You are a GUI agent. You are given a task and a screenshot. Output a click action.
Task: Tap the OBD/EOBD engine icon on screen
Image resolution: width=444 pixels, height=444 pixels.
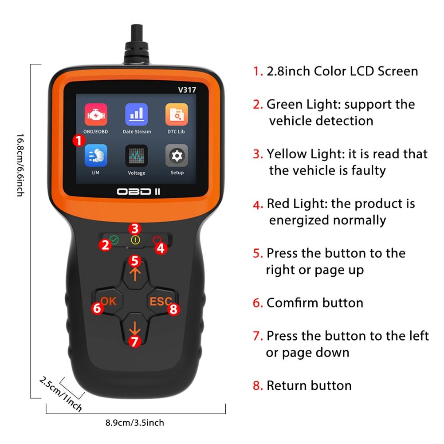pyautogui.click(x=96, y=114)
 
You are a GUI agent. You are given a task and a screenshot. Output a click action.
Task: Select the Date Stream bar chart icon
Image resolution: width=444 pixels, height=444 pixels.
pyautogui.click(x=137, y=114)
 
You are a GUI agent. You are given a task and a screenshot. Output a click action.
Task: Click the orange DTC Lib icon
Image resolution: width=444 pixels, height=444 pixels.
pyautogui.click(x=177, y=114)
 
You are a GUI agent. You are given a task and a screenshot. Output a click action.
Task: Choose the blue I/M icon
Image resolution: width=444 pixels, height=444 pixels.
pyautogui.click(x=96, y=155)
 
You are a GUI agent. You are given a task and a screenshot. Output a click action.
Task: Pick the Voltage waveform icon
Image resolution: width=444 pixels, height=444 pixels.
pyautogui.click(x=137, y=155)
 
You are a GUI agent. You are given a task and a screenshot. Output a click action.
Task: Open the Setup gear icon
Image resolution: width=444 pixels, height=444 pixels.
pyautogui.click(x=177, y=155)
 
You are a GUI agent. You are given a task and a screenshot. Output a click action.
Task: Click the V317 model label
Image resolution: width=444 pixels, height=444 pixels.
pyautogui.click(x=187, y=90)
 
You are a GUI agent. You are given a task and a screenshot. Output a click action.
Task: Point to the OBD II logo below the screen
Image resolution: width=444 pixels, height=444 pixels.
pyautogui.click(x=138, y=192)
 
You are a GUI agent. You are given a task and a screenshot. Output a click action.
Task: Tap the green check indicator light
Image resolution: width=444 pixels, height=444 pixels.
pyautogui.click(x=114, y=240)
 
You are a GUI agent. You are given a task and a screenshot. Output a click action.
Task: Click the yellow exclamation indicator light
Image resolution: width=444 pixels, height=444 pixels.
pyautogui.click(x=135, y=240)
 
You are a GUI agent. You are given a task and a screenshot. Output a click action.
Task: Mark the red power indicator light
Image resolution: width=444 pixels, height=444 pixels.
pyautogui.click(x=157, y=240)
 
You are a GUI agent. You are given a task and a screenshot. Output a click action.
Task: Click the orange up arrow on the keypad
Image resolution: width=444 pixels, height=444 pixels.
pyautogui.click(x=135, y=274)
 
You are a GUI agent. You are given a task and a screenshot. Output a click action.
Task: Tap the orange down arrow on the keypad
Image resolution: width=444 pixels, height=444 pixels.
pyautogui.click(x=135, y=329)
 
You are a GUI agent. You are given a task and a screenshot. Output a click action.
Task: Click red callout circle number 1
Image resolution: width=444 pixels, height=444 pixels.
pyautogui.click(x=79, y=140)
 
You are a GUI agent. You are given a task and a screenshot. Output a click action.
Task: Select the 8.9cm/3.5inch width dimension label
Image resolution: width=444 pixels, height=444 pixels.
pyautogui.click(x=135, y=423)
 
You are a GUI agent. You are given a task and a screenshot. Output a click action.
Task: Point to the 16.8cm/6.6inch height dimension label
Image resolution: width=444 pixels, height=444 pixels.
pyautogui.click(x=20, y=165)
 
